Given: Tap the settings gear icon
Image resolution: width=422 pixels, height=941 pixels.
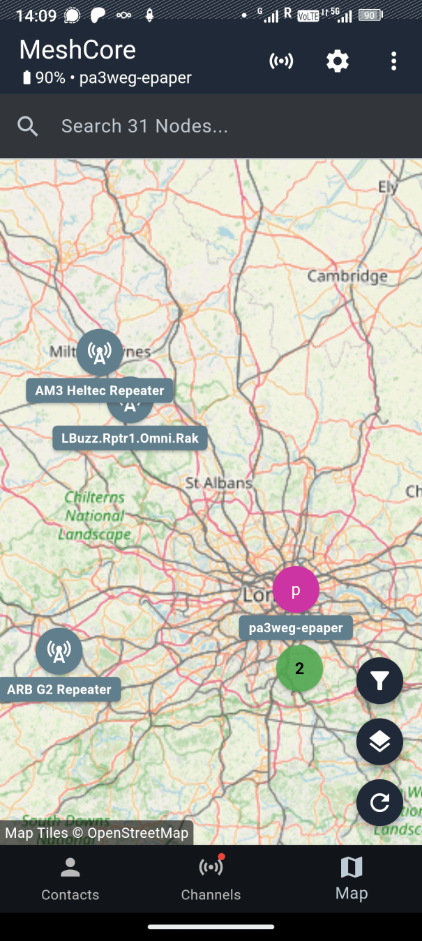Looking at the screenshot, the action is click(338, 61).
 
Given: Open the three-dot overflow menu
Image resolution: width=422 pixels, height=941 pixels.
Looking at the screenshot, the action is click(393, 61).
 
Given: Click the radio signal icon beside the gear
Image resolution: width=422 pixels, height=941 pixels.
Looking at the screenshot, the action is click(281, 61).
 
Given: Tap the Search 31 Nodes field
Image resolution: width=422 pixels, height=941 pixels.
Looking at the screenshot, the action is click(209, 126).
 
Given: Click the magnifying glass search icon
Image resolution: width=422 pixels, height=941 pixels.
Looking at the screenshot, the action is click(28, 126).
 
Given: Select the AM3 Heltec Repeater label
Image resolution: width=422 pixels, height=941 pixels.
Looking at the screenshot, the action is click(100, 390).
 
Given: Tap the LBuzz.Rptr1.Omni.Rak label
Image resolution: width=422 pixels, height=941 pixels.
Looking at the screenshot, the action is click(130, 438).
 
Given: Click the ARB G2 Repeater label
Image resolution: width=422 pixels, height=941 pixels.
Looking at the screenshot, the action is click(59, 689).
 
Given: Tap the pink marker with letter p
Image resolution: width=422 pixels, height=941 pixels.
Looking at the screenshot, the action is click(296, 590).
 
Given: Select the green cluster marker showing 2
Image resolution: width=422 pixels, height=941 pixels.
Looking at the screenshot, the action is click(299, 668).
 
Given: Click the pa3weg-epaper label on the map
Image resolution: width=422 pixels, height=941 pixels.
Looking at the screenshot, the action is click(296, 628).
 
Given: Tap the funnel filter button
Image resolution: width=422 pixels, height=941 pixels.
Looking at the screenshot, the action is click(379, 681).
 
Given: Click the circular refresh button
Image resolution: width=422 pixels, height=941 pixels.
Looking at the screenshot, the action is click(379, 803).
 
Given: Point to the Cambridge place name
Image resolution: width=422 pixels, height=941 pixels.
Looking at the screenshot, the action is click(347, 277).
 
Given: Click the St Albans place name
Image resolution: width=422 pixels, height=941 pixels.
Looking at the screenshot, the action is click(218, 482).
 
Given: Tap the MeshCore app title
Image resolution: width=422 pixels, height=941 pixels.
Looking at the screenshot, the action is click(77, 49).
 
